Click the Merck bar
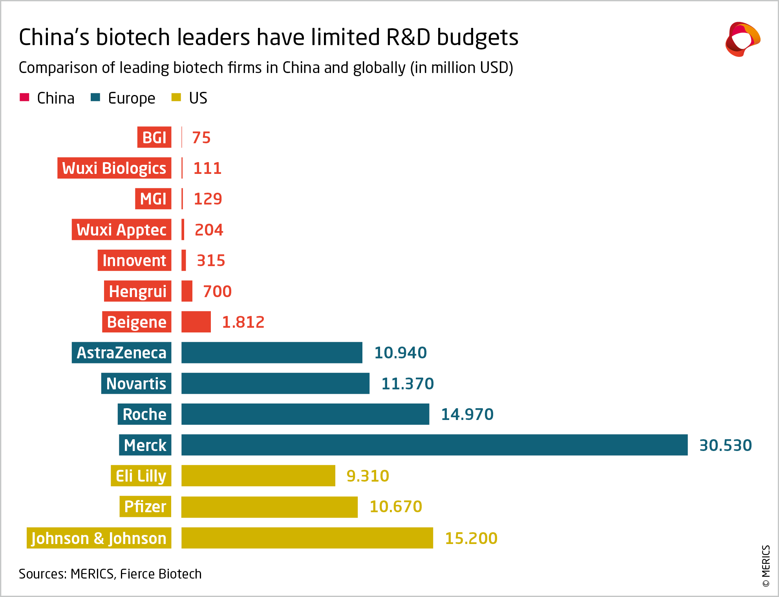(434, 445)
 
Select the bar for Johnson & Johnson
(307, 538)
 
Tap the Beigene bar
(196, 322)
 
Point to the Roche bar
(305, 414)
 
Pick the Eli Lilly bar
(258, 476)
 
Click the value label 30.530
(725, 445)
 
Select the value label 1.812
(243, 322)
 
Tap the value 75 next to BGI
(201, 138)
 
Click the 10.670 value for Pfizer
(395, 507)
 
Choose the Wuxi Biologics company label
(114, 168)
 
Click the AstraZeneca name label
(121, 352)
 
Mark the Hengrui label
(137, 291)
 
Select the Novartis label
(136, 383)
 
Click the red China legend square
(24, 97)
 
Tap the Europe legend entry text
(132, 98)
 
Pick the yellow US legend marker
(176, 97)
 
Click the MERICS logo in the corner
(742, 39)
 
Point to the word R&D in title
(408, 37)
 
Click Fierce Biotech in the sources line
(161, 574)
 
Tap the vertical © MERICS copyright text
(766, 566)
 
